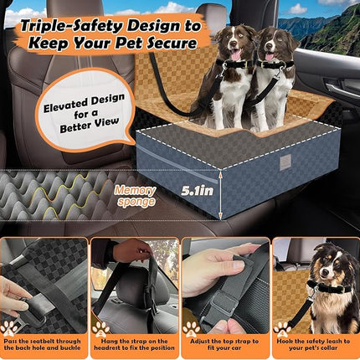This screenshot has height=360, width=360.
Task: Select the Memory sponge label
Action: point(135,196)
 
